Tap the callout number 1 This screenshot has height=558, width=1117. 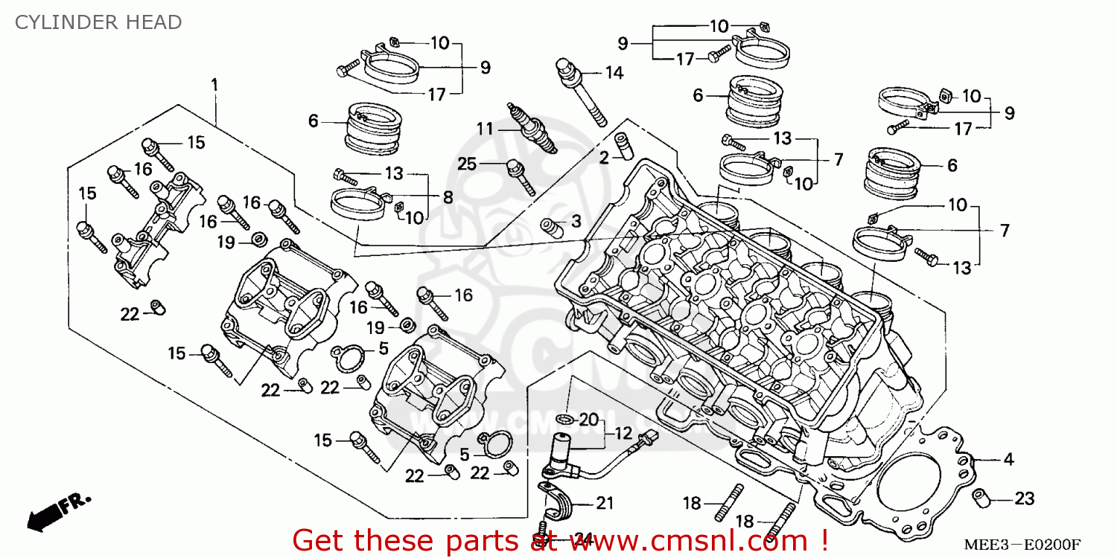point(214,85)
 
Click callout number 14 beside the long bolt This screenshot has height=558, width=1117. point(614,73)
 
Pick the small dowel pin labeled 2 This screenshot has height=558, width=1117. point(623,146)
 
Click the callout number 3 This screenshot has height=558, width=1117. point(576,222)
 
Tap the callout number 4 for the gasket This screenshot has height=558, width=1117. point(1008,460)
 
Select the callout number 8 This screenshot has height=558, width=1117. point(448,197)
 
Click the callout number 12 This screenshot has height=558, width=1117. point(623,433)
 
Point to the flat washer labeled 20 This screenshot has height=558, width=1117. point(564,421)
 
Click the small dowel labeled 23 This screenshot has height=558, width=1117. point(982,497)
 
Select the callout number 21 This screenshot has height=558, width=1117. point(605,504)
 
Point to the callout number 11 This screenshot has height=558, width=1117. point(485,129)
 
